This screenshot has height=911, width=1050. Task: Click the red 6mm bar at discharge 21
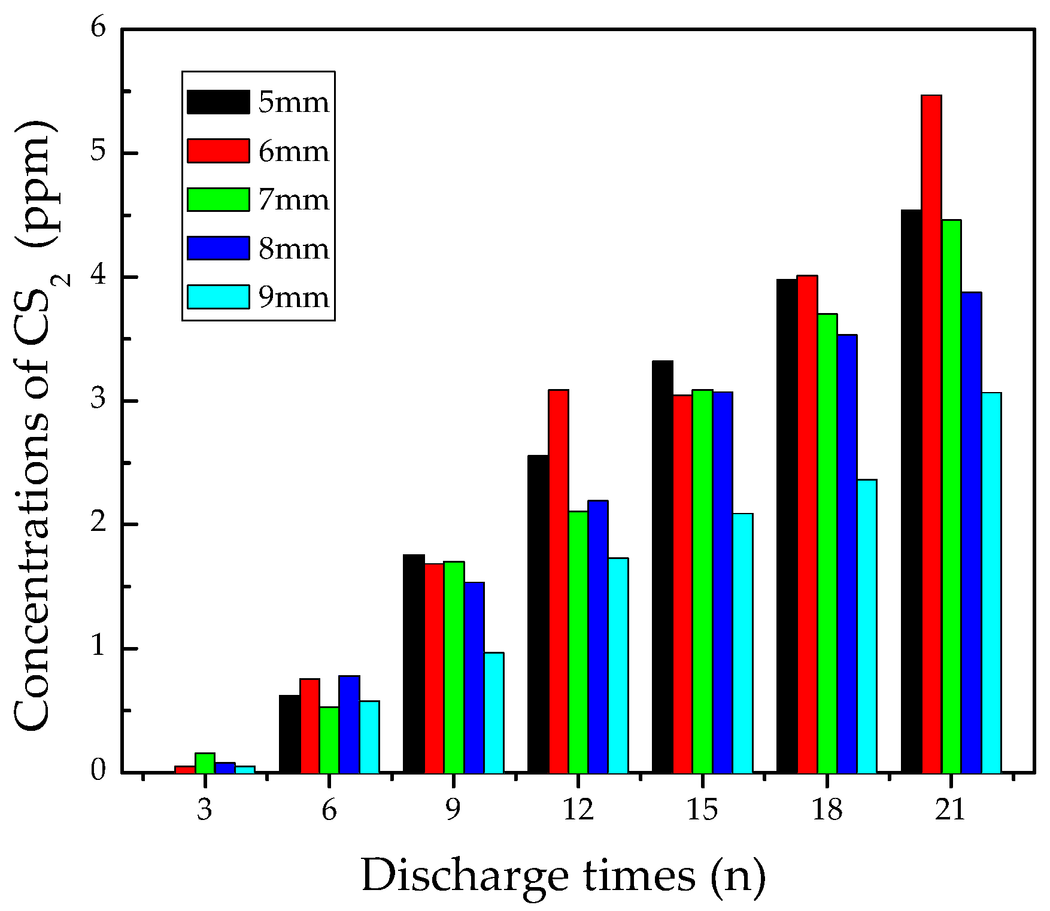pyautogui.click(x=931, y=434)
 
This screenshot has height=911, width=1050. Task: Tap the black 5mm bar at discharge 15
pyautogui.click(x=663, y=566)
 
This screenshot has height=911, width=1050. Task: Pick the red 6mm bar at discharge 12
pyautogui.click(x=559, y=581)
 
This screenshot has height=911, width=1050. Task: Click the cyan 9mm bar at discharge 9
pyautogui.click(x=494, y=712)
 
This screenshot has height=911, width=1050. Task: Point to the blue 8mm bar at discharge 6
pyautogui.click(x=349, y=724)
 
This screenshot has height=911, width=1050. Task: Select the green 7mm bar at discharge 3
pyautogui.click(x=205, y=763)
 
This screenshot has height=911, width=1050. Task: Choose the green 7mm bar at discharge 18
pyautogui.click(x=827, y=543)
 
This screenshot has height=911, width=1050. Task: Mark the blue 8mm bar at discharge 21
pyautogui.click(x=971, y=532)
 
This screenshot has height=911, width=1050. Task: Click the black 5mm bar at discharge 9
pyautogui.click(x=414, y=663)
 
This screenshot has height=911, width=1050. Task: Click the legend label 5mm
pyautogui.click(x=293, y=102)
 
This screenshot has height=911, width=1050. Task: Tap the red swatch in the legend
pyautogui.click(x=218, y=151)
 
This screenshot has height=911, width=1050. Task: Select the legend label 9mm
pyautogui.click(x=293, y=297)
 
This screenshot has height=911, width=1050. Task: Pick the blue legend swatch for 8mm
pyautogui.click(x=218, y=248)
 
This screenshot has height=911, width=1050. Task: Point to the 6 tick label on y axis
pyautogui.click(x=98, y=28)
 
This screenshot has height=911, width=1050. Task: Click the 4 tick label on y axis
pyautogui.click(x=98, y=276)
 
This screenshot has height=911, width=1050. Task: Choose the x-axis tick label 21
pyautogui.click(x=951, y=810)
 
